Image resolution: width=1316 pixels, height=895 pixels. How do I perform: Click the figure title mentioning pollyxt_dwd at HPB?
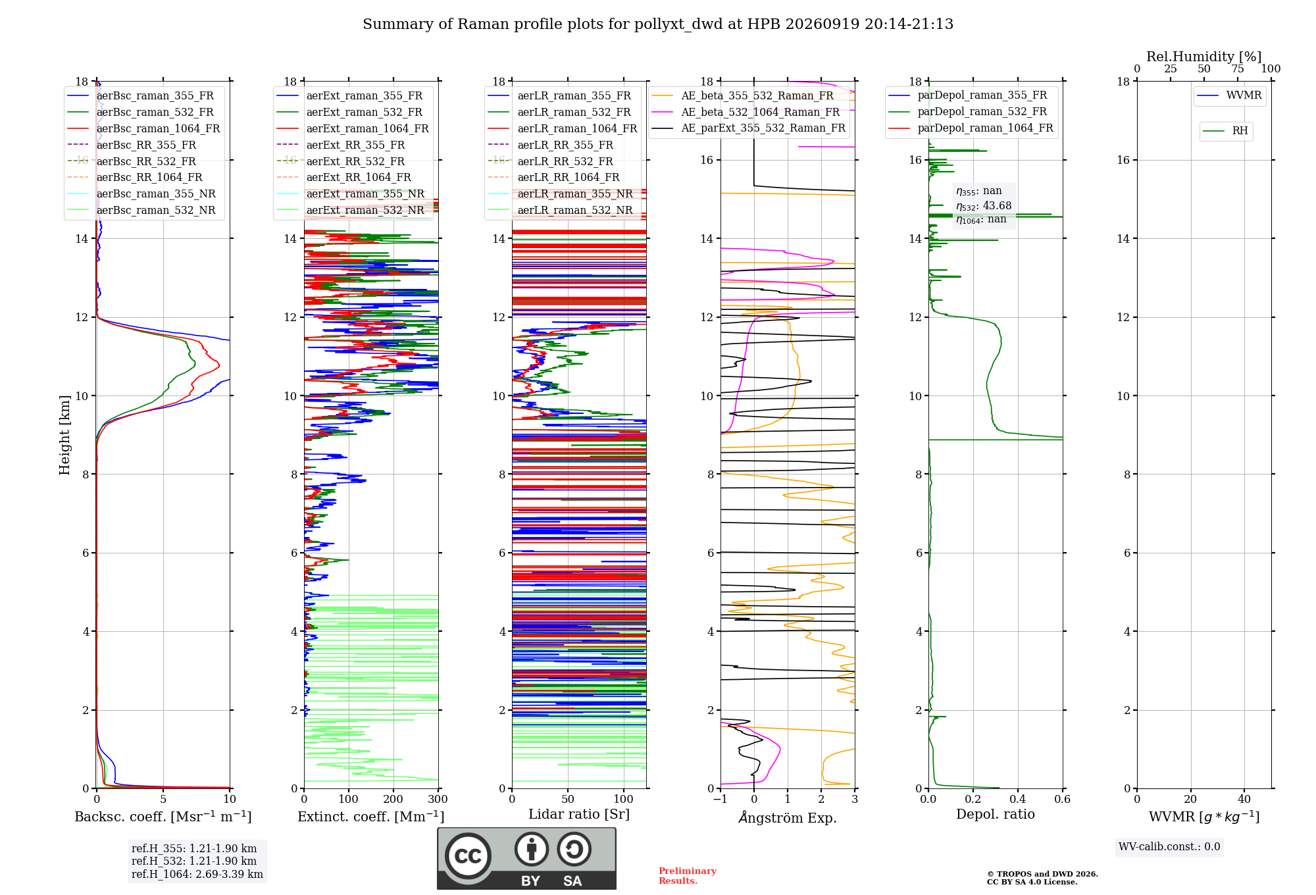(658, 24)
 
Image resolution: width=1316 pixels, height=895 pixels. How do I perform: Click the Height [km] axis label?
(64, 435)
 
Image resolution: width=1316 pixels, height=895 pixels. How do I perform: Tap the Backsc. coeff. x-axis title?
(163, 816)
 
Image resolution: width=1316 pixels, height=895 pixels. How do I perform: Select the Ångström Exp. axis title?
(788, 817)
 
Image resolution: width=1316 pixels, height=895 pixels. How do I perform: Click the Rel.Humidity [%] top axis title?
(1204, 57)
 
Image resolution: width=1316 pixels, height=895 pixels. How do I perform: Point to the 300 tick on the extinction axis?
(438, 799)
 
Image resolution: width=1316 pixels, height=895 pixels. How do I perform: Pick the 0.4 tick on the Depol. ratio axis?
(1018, 799)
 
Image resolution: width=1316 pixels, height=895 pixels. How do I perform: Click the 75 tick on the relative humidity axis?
(1238, 68)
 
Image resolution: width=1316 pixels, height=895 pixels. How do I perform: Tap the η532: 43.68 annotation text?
(984, 206)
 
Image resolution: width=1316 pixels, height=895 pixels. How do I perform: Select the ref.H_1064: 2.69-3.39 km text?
(197, 874)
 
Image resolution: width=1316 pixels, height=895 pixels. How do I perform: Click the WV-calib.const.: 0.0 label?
(1169, 847)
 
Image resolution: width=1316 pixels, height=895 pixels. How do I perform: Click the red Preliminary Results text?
(688, 876)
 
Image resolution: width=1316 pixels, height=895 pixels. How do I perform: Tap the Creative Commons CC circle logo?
(468, 856)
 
